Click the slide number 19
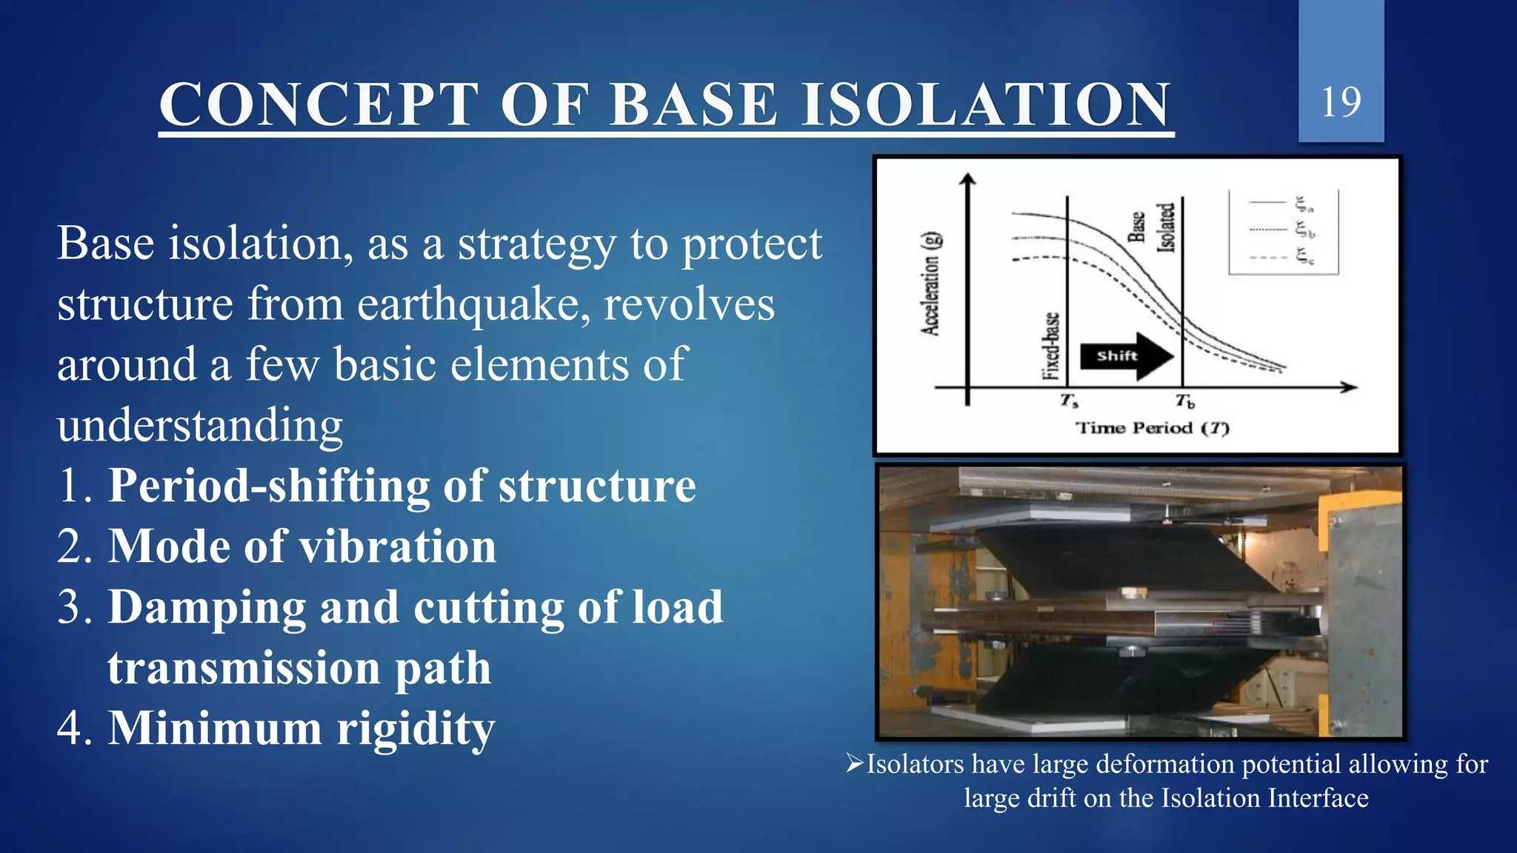click(x=1341, y=102)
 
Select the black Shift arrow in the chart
click(x=1126, y=356)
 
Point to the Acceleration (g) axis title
click(x=931, y=284)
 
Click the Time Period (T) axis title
click(x=1152, y=428)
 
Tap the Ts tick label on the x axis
click(x=1068, y=401)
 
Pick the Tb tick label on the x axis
click(x=1184, y=401)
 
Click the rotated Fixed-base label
click(x=1050, y=346)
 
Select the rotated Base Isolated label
click(x=1153, y=228)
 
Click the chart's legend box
click(x=1283, y=233)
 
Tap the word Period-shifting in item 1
click(x=268, y=486)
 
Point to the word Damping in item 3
click(x=207, y=608)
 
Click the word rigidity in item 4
click(x=416, y=729)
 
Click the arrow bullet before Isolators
click(x=855, y=763)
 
